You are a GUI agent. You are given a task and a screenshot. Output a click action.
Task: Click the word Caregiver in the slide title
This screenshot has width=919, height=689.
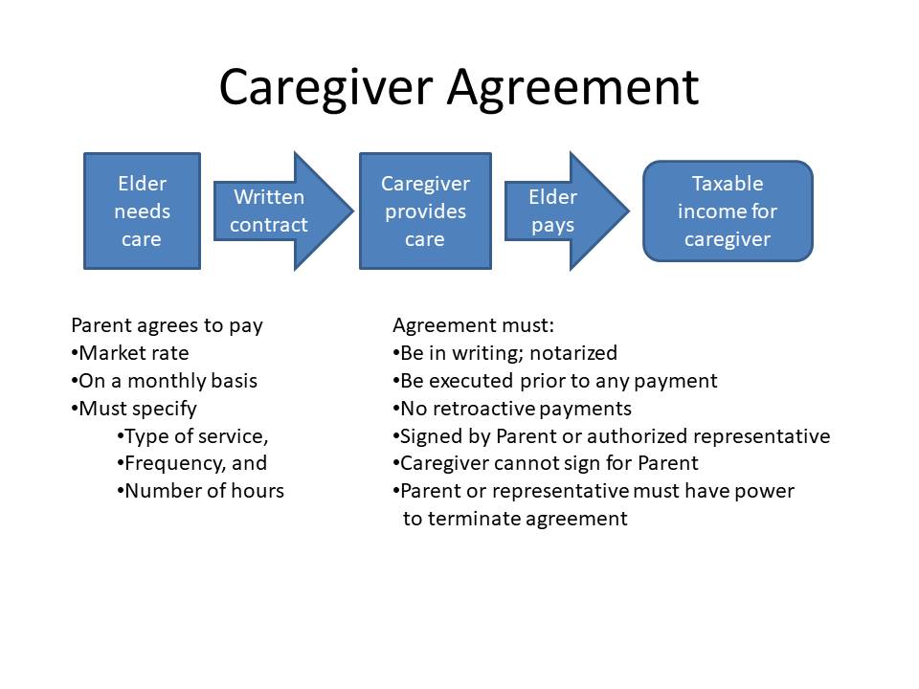pyautogui.click(x=325, y=88)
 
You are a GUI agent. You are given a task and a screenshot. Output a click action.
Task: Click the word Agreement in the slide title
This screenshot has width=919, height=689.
pyautogui.click(x=573, y=88)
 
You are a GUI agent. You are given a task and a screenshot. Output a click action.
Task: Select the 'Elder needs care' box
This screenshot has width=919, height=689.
pyautogui.click(x=143, y=211)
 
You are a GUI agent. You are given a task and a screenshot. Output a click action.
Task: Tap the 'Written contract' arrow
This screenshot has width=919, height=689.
pyautogui.click(x=283, y=211)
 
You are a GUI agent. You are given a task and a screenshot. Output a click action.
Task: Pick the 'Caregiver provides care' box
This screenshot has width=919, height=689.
pyautogui.click(x=425, y=211)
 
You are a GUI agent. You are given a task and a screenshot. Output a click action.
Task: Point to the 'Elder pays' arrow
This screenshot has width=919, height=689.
pyautogui.click(x=567, y=211)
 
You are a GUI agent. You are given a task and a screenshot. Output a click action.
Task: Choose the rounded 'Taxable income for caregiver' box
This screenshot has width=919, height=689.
pyautogui.click(x=728, y=211)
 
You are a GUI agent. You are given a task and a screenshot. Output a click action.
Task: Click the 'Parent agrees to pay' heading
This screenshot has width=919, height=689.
pyautogui.click(x=167, y=325)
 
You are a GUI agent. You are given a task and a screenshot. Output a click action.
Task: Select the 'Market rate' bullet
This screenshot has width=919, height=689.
pyautogui.click(x=130, y=353)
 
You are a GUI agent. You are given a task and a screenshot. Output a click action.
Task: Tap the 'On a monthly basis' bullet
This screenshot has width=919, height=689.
pyautogui.click(x=164, y=381)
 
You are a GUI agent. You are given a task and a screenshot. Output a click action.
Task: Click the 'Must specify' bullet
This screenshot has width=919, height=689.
pyautogui.click(x=134, y=409)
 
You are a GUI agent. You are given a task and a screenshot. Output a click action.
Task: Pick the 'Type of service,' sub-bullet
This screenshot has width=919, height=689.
pyautogui.click(x=192, y=436)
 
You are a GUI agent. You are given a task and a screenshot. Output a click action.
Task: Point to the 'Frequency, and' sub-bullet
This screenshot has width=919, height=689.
pyautogui.click(x=191, y=463)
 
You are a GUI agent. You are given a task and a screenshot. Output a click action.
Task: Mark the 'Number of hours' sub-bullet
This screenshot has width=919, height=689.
pyautogui.click(x=200, y=491)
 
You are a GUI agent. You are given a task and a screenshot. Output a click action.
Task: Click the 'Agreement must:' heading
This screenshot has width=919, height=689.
pyautogui.click(x=474, y=325)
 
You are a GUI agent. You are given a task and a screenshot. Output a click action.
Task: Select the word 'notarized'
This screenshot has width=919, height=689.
pyautogui.click(x=573, y=353)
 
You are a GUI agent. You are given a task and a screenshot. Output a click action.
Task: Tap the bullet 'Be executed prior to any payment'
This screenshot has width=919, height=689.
pyautogui.click(x=555, y=382)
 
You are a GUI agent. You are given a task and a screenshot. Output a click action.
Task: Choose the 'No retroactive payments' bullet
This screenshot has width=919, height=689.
pyautogui.click(x=512, y=409)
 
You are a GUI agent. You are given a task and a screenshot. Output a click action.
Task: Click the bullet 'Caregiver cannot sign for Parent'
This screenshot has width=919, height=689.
pyautogui.click(x=546, y=463)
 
